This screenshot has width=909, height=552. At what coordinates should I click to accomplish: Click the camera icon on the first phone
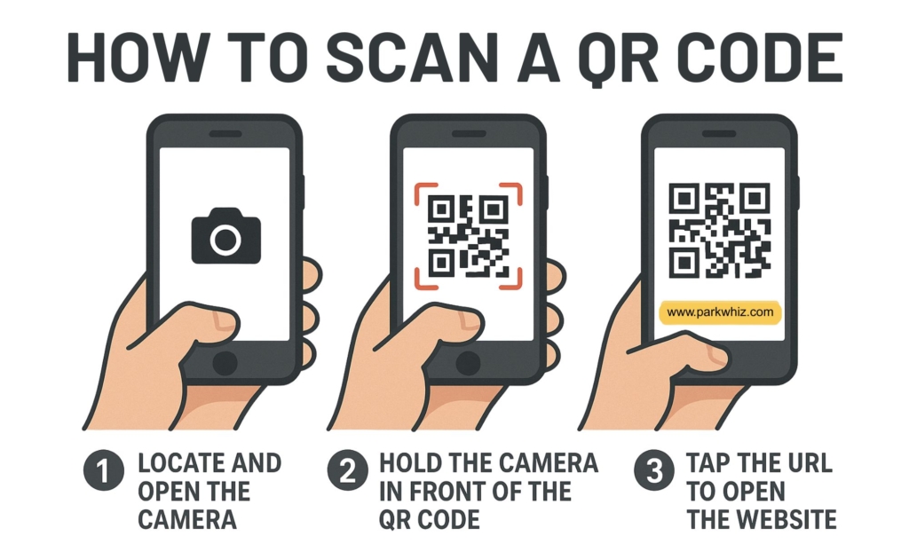226,236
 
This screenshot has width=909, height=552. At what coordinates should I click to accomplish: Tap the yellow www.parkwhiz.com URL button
719,312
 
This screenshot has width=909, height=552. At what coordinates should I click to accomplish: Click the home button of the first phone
225,362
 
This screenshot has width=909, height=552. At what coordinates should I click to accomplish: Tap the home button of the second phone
468,362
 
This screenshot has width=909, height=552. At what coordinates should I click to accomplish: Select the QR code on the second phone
468,236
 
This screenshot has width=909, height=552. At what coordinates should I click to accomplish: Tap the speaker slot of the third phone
719,134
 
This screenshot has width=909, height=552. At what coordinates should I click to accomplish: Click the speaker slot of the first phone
225,134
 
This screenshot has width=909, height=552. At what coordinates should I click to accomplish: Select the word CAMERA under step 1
187,519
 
